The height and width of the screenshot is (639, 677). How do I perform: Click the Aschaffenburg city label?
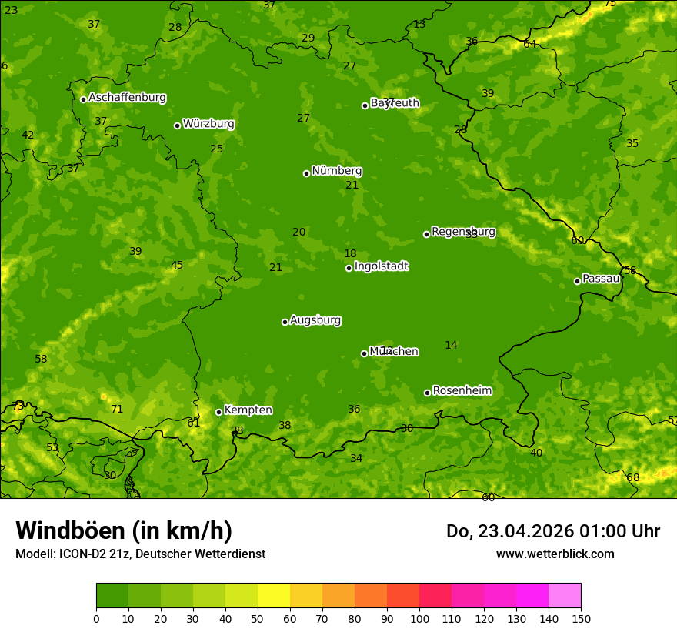pyautogui.click(x=127, y=98)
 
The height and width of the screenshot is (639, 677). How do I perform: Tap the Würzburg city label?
pyautogui.click(x=208, y=124)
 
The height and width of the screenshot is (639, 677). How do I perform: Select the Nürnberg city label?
pyautogui.click(x=337, y=171)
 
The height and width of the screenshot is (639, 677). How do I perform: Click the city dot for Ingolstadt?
pyautogui.click(x=349, y=268)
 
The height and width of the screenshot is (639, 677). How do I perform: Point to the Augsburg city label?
pyautogui.click(x=315, y=320)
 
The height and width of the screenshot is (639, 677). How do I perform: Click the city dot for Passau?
pyautogui.click(x=577, y=281)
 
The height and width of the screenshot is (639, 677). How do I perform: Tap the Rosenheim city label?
pyautogui.click(x=462, y=391)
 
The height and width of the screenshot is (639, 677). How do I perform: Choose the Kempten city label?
pyautogui.click(x=248, y=410)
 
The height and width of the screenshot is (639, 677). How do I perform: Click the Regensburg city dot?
pyautogui.click(x=426, y=234)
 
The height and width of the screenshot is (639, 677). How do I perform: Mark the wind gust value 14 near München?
pyautogui.click(x=451, y=346)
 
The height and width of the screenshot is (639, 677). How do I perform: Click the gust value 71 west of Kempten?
pyautogui.click(x=117, y=410)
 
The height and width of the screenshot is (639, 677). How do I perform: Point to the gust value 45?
pyautogui.click(x=177, y=266)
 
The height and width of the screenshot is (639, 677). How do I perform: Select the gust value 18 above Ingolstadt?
pyautogui.click(x=350, y=254)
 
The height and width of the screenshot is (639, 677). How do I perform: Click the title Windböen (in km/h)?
pyautogui.click(x=124, y=530)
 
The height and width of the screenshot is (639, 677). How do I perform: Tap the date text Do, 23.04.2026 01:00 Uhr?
pyautogui.click(x=553, y=531)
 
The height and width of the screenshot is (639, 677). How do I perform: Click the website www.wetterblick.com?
pyautogui.click(x=555, y=554)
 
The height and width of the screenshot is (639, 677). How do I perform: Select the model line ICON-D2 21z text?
pyautogui.click(x=140, y=554)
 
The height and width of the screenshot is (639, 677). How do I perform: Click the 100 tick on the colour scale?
pyautogui.click(x=419, y=618)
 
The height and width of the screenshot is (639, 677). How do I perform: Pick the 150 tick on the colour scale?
pyautogui.click(x=581, y=618)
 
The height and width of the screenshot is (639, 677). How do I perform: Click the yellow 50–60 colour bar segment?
pyautogui.click(x=274, y=596)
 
